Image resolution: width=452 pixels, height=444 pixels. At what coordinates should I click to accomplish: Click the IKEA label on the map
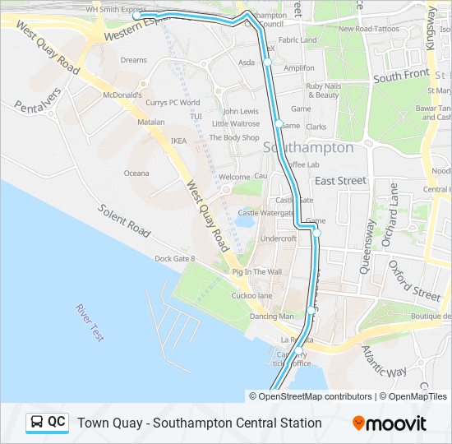pos(179,141)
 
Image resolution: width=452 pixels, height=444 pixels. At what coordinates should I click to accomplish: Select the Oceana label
pos(136,173)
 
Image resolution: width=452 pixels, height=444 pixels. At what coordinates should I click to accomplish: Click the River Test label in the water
pos(90,322)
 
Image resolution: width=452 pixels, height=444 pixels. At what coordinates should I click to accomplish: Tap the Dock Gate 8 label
pos(176,259)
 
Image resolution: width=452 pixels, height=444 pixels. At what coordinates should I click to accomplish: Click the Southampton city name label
pos(308,148)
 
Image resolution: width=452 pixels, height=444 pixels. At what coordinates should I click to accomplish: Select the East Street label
pos(340,181)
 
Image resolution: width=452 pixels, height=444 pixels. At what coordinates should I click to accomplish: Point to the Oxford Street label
pos(415,280)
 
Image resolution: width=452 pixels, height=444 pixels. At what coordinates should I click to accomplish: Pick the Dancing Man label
pos(271,317)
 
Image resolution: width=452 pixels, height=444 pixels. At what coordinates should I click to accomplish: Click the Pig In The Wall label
pos(256,272)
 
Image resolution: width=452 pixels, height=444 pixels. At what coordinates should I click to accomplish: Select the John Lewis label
pos(241,111)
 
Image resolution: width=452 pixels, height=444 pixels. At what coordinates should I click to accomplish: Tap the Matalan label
pos(150,122)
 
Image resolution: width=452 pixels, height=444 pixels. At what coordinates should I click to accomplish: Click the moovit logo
pos(390,423)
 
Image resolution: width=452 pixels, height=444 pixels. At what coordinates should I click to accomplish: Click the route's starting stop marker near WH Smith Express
pos(137,16)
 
